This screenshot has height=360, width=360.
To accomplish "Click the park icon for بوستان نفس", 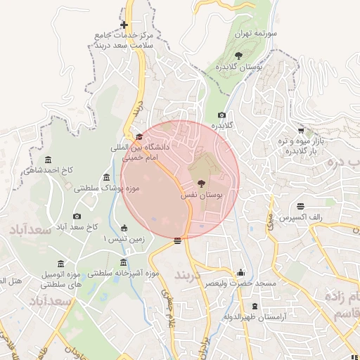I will tap(202, 183).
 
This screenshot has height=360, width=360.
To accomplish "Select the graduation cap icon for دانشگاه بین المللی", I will tap(139, 137).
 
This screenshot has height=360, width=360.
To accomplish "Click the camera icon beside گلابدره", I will tap(222, 115).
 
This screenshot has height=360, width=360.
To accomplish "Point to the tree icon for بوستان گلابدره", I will tap(239, 55).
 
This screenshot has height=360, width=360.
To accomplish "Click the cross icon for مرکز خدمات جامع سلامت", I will tap(124, 25).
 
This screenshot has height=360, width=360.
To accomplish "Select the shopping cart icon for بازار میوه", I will tap(301, 130).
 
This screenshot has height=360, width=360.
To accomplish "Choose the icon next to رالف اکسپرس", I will tap(300, 206).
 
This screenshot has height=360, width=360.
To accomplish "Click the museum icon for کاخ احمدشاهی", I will tap(48, 160).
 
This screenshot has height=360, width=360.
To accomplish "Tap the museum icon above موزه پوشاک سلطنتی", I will tap(106, 177).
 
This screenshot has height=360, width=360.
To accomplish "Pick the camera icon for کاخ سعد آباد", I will tap(77, 216).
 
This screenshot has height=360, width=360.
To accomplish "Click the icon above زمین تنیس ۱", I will tap(124, 228).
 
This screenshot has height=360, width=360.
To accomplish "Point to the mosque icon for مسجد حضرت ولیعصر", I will tap(241, 273).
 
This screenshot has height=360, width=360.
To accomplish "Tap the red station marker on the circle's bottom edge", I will tap(177, 240).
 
